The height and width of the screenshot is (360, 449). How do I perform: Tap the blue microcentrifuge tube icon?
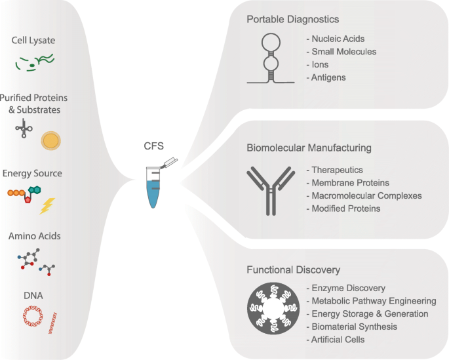(153, 188)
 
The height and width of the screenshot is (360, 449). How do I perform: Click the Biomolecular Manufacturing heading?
(309, 148)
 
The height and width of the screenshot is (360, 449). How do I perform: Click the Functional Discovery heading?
(293, 270)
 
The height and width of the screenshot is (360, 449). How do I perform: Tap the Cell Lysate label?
(33, 41)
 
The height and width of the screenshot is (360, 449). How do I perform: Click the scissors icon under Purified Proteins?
(25, 127)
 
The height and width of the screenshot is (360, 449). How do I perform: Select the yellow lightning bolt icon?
(47, 206)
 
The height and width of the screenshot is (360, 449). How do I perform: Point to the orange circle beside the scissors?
(51, 140)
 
